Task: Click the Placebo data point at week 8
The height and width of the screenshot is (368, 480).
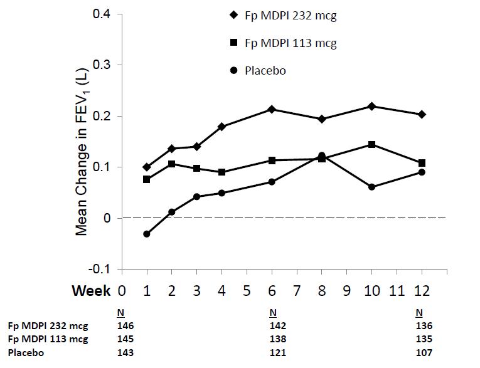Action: click(x=322, y=155)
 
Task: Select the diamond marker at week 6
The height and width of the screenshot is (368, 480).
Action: click(x=272, y=109)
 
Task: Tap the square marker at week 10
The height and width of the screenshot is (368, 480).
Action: click(x=372, y=144)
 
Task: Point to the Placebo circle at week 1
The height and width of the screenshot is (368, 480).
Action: click(x=147, y=234)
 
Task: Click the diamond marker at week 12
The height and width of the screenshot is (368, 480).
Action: click(x=422, y=114)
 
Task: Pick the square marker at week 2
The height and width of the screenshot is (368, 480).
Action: click(x=172, y=164)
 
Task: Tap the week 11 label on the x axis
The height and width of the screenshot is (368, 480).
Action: click(x=397, y=291)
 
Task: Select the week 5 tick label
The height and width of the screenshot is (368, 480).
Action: click(x=247, y=291)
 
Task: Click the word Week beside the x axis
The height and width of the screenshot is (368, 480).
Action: click(x=91, y=291)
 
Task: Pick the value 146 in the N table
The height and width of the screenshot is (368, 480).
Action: click(x=125, y=325)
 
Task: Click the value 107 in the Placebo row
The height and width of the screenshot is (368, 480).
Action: click(x=424, y=352)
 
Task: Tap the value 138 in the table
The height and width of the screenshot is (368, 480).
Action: click(x=277, y=339)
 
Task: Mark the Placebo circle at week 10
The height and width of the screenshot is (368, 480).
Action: click(x=372, y=187)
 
